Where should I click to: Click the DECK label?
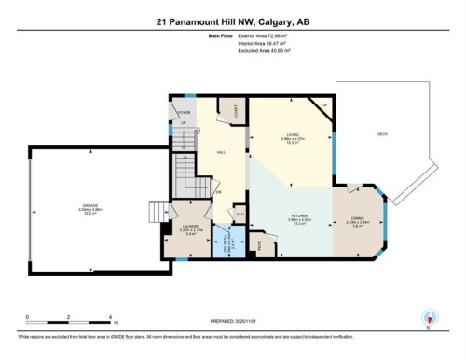pyautogui.click(x=382, y=133)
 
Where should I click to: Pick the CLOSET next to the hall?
pyautogui.click(x=237, y=111)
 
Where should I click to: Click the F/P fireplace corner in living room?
pyautogui.click(x=323, y=107)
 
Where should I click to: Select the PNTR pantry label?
pyautogui.click(x=261, y=244)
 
